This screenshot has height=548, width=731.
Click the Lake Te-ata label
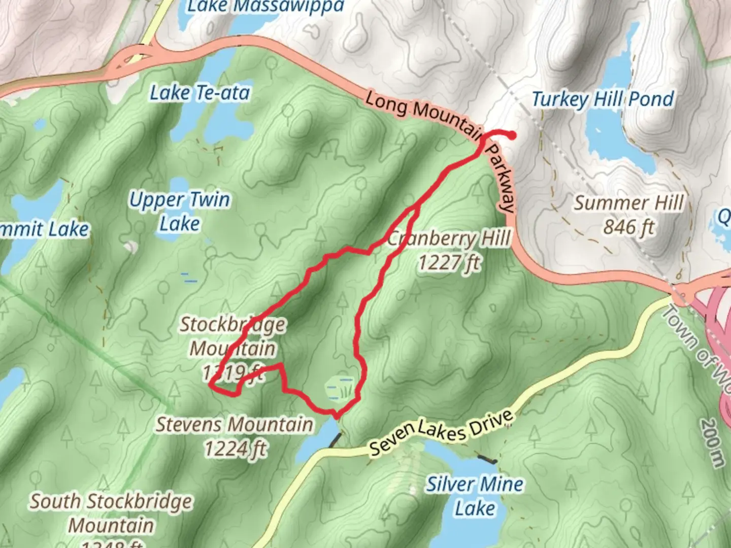tap(200, 93)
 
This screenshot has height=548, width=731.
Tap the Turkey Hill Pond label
tap(603, 99)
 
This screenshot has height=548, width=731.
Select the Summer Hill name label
tap(628, 203)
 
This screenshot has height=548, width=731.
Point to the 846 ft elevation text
tap(628, 227)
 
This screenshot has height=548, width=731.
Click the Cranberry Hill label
tap(449, 238)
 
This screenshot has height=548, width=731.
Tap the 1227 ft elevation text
tap(449, 263)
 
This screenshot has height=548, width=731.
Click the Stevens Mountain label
tap(234, 424)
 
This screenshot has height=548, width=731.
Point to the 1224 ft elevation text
tap(235, 449)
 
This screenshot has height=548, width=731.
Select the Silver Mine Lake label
tap(475, 496)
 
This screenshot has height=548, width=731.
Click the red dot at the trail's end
tap(513, 135)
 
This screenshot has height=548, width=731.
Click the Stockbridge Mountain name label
tap(233, 336)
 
